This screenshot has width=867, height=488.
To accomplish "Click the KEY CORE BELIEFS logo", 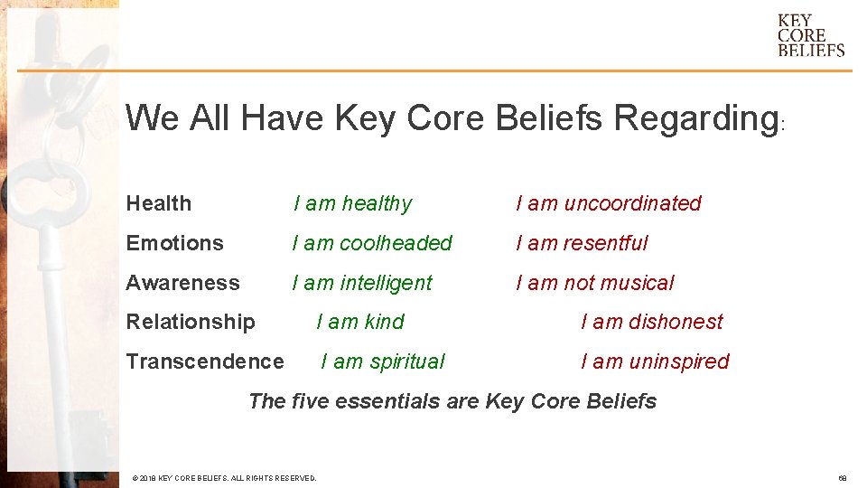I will tap(810, 35).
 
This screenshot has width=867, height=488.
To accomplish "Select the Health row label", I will tap(159, 203).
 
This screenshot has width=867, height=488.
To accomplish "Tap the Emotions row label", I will tap(174, 243).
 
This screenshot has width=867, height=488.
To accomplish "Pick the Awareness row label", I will tap(182, 283).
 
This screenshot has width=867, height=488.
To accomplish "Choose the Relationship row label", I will tap(191, 322).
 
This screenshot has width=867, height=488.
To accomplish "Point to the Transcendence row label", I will tap(204, 361).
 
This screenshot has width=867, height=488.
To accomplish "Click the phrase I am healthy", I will tap(352, 203).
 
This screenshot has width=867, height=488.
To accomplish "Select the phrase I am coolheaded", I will tap(372, 243).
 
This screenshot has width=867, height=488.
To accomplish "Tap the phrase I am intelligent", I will tap(362, 283).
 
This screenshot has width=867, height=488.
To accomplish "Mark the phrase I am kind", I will tap(360, 322).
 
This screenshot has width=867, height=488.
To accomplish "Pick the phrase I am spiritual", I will tap(383, 361).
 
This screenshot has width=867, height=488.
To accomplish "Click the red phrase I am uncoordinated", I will tap(608, 203).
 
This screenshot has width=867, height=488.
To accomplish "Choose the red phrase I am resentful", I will tap(582, 243).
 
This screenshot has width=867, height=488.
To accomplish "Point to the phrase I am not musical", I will tap(594, 283).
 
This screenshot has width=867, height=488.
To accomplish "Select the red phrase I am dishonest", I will tap(652, 322).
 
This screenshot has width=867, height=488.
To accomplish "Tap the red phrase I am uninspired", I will tap(655, 361).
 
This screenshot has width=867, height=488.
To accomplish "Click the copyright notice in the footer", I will tap(224, 478).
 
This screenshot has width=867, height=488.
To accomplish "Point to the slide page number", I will tap(841, 478).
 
